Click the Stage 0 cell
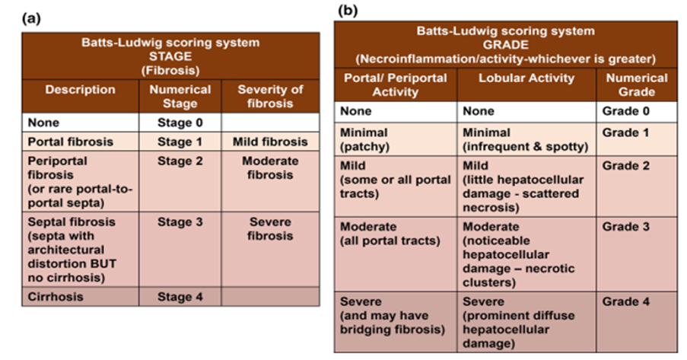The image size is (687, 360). click(x=180, y=123)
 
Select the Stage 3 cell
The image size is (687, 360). click(x=180, y=249)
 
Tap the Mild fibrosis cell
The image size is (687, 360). click(x=270, y=142)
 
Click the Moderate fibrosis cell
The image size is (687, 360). click(x=270, y=181)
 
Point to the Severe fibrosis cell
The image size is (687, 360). click(x=270, y=249)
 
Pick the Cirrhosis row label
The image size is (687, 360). click(x=80, y=296)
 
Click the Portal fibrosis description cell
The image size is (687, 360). click(x=80, y=142)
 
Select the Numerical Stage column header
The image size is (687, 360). click(x=180, y=97)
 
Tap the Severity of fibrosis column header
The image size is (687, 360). click(x=270, y=97)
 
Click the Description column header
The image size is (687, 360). click(x=80, y=97)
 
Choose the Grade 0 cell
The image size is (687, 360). click(x=637, y=112)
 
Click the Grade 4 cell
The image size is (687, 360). click(x=637, y=322)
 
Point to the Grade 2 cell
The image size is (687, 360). click(x=637, y=186)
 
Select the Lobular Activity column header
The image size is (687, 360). click(x=526, y=84)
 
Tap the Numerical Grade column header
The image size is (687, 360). click(x=637, y=84)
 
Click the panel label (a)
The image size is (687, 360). click(x=31, y=18)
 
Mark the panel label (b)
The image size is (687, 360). click(x=348, y=11)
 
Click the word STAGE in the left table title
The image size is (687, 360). click(x=170, y=56)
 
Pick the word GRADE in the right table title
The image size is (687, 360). click(x=506, y=45)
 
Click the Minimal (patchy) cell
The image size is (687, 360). click(x=395, y=139)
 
